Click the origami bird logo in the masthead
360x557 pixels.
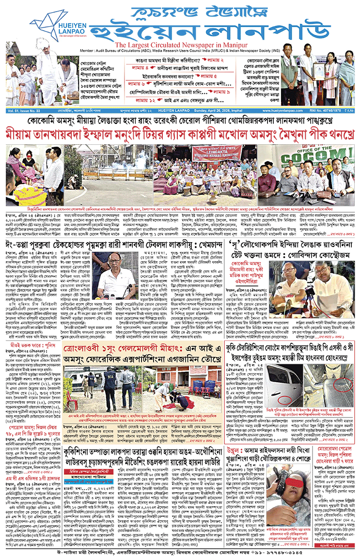[43, 20]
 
